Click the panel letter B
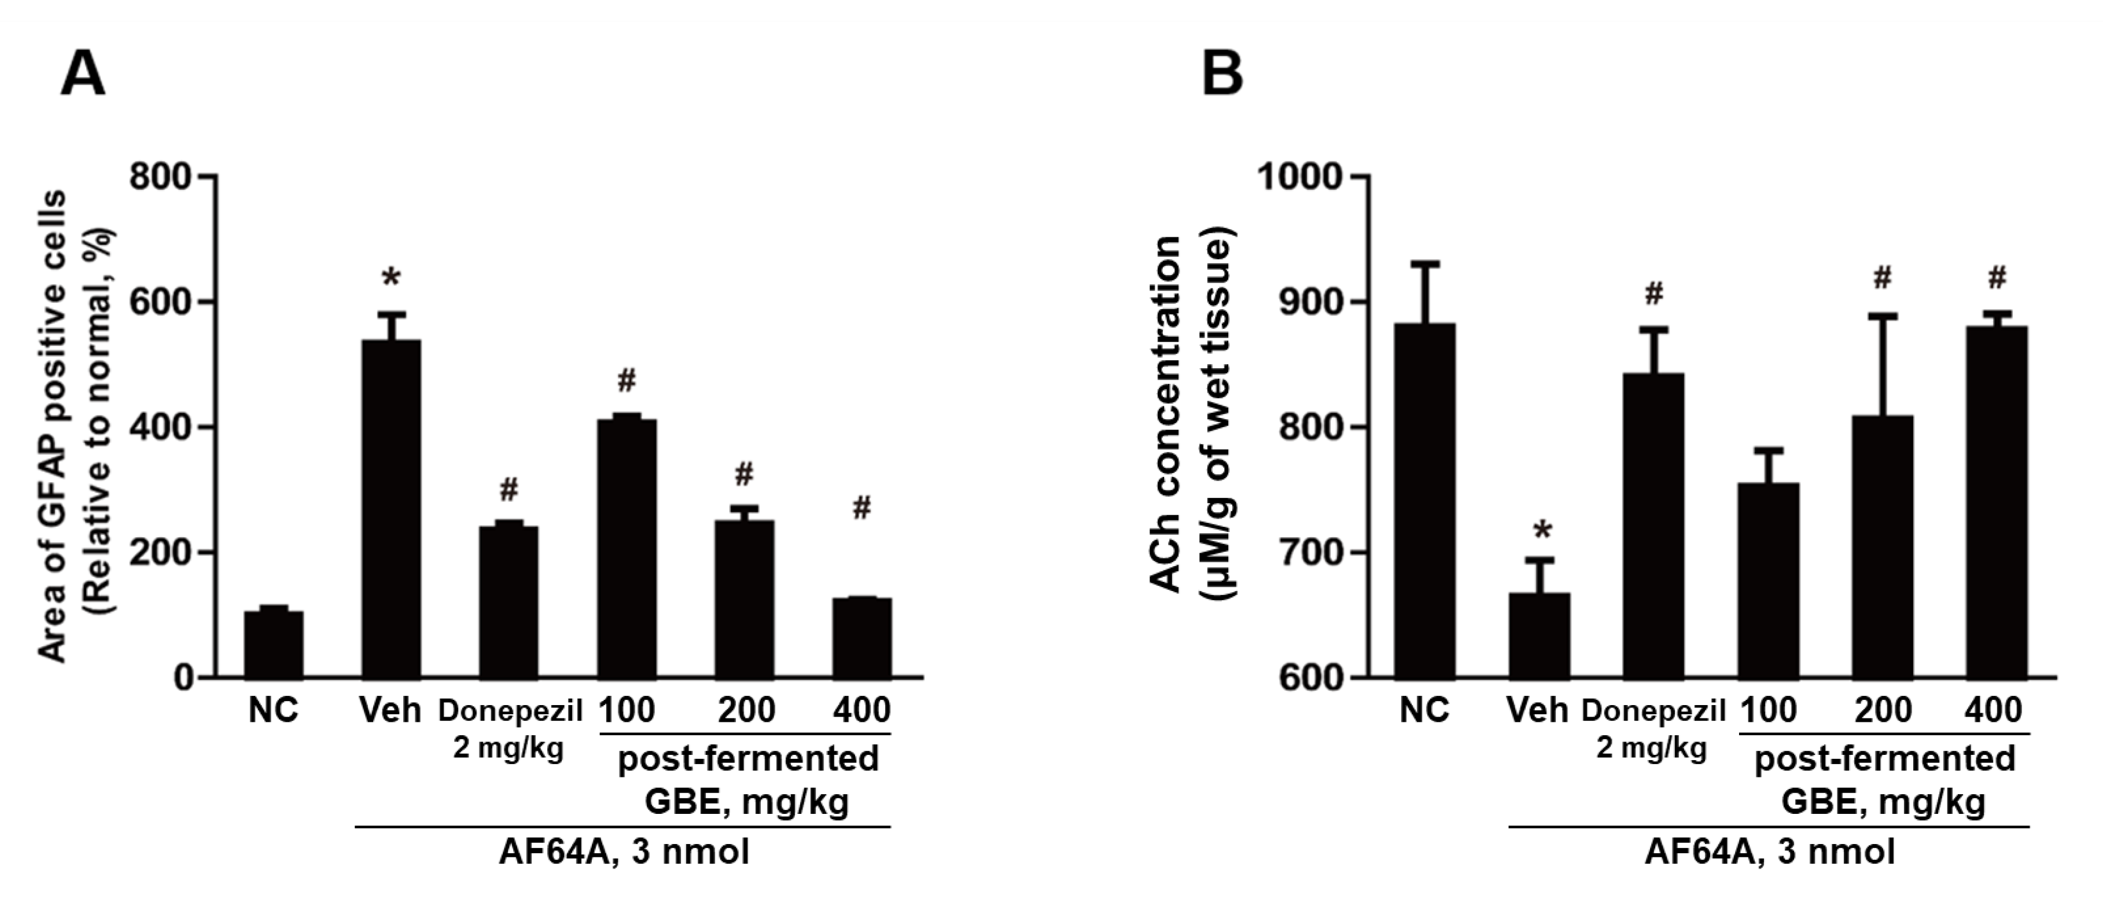pos(1222,74)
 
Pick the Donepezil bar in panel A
pos(508,601)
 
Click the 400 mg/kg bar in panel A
pos(861,637)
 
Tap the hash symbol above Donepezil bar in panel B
pos(1653,294)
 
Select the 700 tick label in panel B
pos(1309,553)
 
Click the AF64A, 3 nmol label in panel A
pos(624,854)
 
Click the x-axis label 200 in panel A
pos(745,710)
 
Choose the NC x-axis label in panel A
pos(274,710)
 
